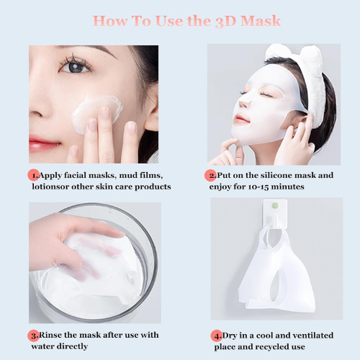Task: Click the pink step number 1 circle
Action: (x=33, y=175)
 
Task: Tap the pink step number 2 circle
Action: (x=212, y=175)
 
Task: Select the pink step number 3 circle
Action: (x=33, y=336)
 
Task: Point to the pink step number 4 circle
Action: (x=217, y=336)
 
